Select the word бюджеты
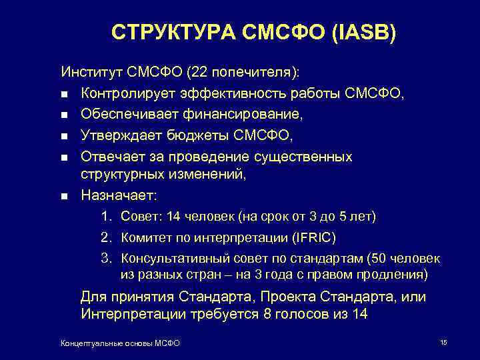[179, 136]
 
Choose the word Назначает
[118, 196]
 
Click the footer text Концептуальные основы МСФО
[120, 343]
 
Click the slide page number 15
[443, 342]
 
